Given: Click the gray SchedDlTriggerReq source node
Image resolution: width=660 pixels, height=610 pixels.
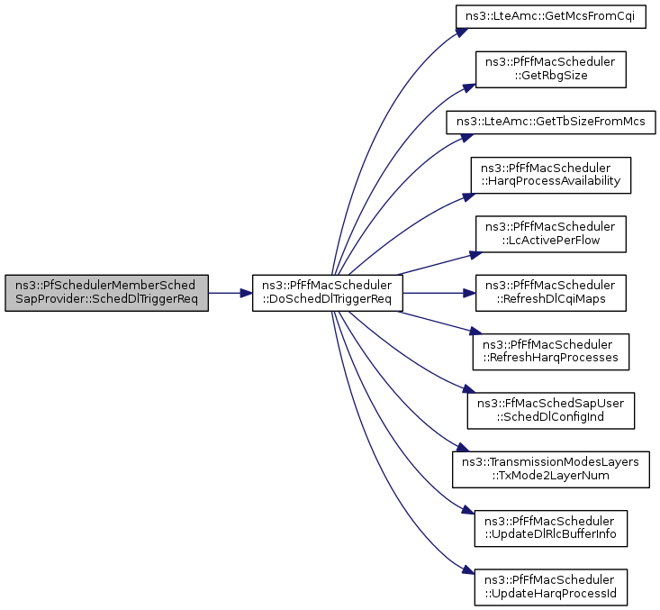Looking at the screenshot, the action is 106,293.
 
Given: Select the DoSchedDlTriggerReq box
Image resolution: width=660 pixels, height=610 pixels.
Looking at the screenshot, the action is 328,293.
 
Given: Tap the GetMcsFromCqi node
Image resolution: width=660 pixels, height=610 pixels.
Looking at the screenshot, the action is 550,17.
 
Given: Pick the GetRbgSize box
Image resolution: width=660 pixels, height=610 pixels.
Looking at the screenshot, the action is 550,69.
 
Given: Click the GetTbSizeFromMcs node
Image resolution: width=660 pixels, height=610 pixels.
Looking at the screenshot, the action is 550,123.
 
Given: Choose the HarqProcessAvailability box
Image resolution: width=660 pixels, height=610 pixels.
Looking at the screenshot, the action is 550,175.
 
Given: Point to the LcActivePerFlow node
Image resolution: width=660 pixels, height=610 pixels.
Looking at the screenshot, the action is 550,234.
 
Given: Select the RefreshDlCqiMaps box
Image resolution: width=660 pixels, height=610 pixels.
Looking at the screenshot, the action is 550,293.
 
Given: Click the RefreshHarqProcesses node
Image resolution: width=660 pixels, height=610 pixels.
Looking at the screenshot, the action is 550,352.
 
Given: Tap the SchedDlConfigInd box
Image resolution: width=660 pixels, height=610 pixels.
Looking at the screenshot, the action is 550,411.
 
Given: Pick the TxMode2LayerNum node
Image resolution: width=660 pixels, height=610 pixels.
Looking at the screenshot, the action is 550,469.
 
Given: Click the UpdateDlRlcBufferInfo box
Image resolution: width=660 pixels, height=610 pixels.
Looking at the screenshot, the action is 550,529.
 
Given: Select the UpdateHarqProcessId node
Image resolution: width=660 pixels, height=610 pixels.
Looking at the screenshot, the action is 550,587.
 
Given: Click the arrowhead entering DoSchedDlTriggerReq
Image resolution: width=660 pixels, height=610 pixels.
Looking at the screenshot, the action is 247,293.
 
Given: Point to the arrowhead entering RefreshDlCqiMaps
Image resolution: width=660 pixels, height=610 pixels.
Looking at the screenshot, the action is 470,293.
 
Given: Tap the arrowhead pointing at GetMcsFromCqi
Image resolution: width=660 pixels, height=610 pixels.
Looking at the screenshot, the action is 462,32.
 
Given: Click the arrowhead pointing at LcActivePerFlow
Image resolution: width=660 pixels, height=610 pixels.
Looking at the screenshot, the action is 476,254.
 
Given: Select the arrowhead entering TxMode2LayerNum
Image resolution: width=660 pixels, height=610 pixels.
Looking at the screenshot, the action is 463,448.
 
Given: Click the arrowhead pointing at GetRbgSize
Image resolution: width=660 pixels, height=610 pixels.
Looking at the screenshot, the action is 469,88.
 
